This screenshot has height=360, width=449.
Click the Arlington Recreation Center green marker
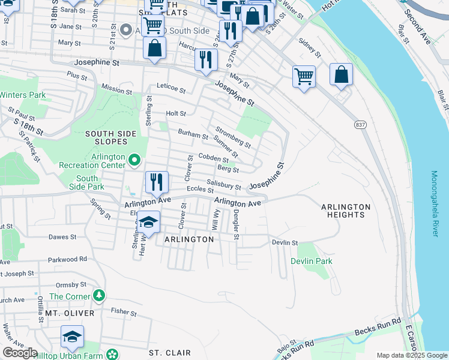[x=134, y=160]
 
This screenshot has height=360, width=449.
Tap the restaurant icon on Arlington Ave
[x=157, y=182]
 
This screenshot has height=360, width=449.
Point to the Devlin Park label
[x=312, y=261]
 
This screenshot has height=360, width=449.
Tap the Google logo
[x=20, y=353]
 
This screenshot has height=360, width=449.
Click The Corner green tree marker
[x=99, y=296]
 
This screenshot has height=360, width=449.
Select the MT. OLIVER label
[x=70, y=313]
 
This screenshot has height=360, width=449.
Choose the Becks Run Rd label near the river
[x=377, y=331]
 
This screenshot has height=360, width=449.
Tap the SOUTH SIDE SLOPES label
[x=106, y=137]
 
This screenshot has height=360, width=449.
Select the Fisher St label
[x=124, y=311]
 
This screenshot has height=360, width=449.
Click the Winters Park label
[x=23, y=95]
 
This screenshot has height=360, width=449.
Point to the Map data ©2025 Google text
[x=411, y=355]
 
